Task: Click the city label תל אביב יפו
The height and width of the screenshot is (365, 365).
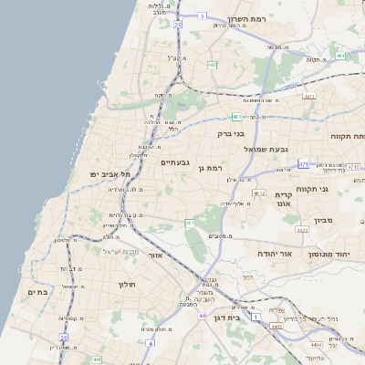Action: (110, 172)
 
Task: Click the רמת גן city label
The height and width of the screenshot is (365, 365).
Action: (209, 168)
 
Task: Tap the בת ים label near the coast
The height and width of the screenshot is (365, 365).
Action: (32, 292)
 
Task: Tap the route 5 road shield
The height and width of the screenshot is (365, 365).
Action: (203, 16)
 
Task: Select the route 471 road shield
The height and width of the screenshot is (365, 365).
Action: (304, 165)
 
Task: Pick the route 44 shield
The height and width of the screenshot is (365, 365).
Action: (201, 316)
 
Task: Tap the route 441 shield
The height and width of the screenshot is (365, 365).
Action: (96, 360)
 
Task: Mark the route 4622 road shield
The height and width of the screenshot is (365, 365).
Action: (302, 230)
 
